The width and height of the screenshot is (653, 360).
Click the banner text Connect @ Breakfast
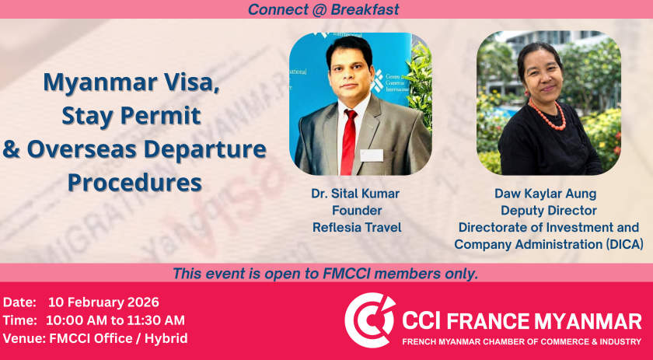(x=323, y=9)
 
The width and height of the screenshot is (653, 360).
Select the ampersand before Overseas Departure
(x=11, y=149)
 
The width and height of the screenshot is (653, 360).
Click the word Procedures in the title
(x=134, y=183)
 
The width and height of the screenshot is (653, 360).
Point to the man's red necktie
(x=349, y=142)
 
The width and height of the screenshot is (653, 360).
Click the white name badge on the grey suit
(x=371, y=156)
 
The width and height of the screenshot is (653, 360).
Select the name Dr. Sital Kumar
(x=355, y=194)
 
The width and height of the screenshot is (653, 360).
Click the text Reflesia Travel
(x=357, y=228)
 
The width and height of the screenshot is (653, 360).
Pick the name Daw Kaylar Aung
(x=546, y=194)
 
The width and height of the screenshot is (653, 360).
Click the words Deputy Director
(x=549, y=211)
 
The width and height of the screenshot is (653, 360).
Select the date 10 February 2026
(x=103, y=302)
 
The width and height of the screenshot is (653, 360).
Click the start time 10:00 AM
(x=73, y=320)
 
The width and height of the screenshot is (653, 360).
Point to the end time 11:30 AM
(x=157, y=320)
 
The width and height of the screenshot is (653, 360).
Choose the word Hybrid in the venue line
(x=166, y=338)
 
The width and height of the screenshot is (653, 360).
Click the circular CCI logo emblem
(x=370, y=320)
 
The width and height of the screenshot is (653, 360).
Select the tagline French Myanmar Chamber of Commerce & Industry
(x=522, y=341)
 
